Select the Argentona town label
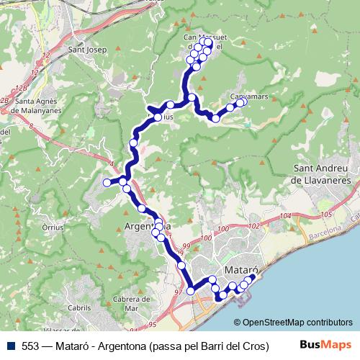pos(148,226)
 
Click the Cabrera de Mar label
pos(130,303)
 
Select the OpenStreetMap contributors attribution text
pos(297,323)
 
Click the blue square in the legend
pos(8,344)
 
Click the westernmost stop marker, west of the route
pos(107,183)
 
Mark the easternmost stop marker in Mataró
pos(251,277)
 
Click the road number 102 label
pos(252,226)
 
